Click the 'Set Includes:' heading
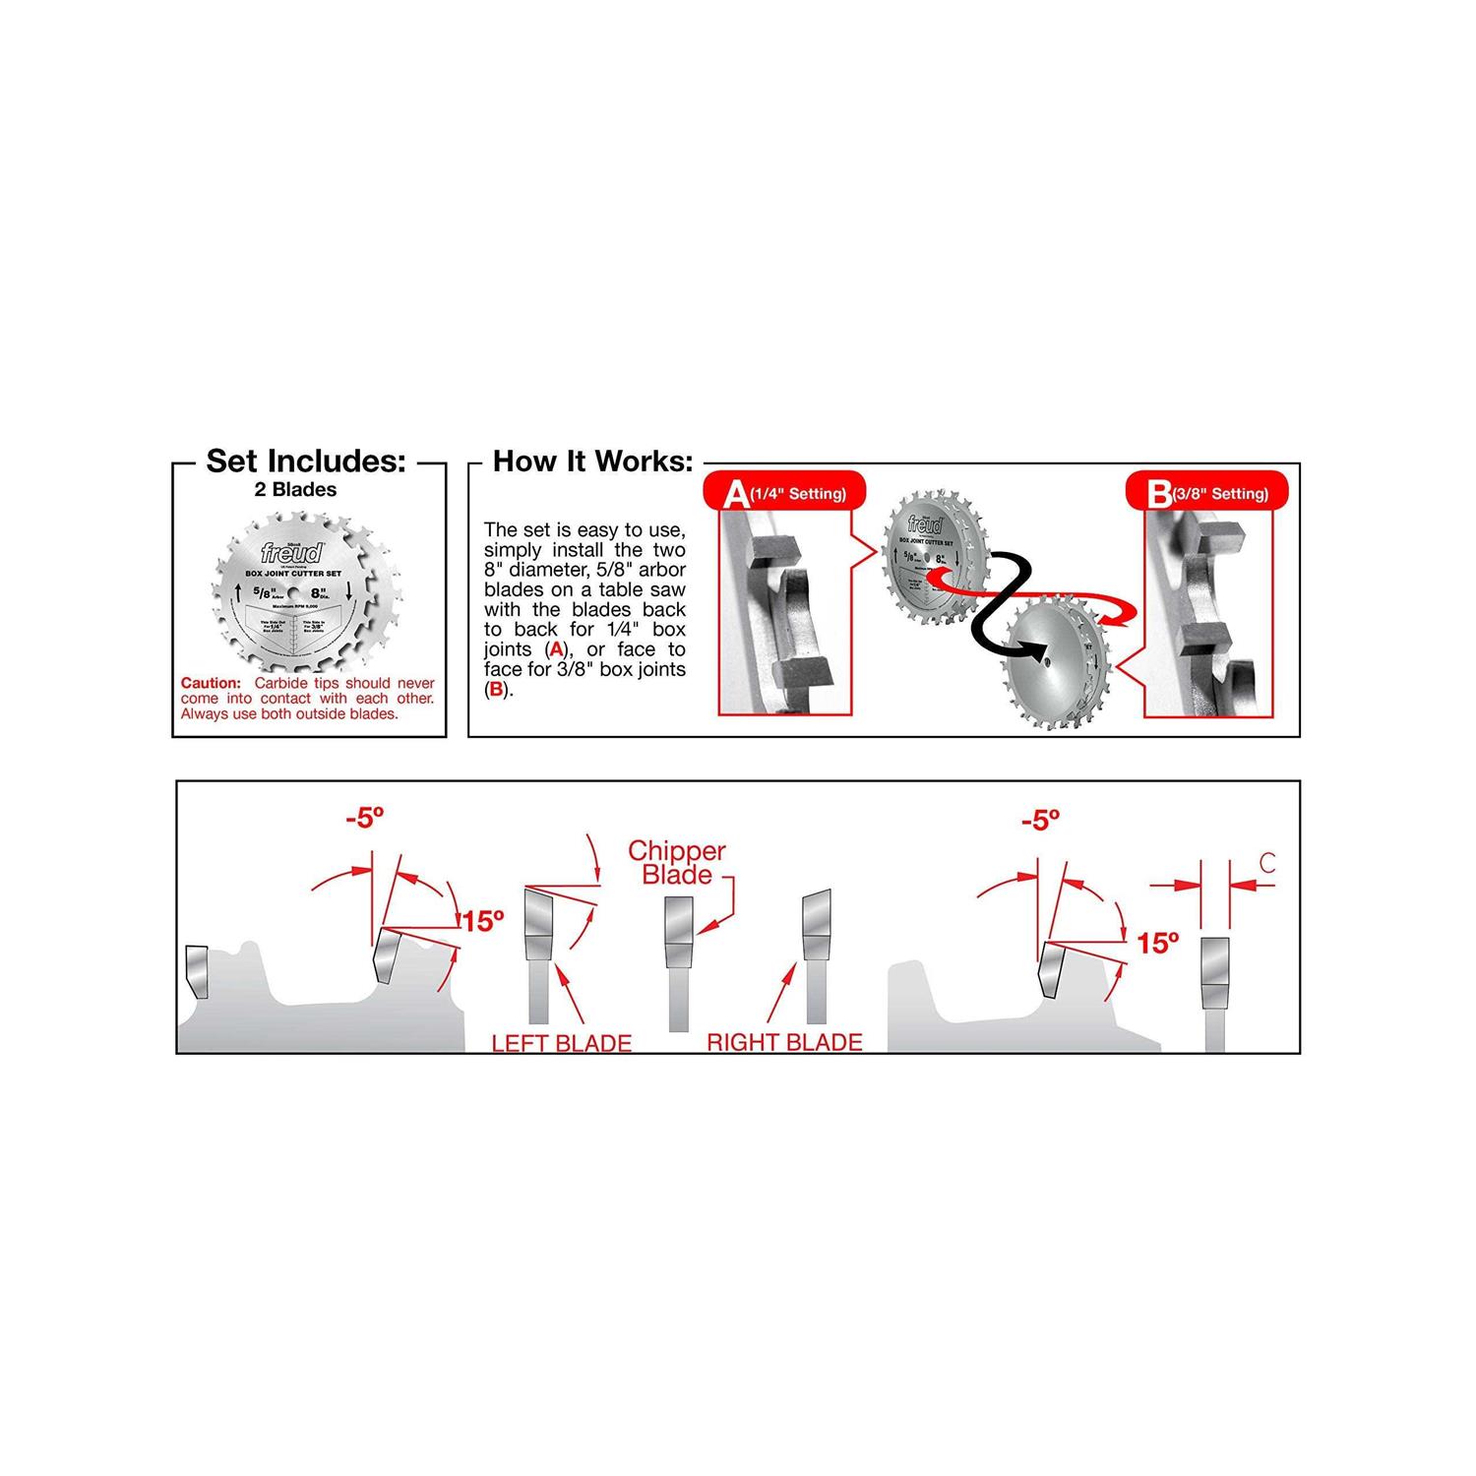306,461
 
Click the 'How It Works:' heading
592,461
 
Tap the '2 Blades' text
295,490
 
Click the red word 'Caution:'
211,683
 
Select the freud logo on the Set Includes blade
291,552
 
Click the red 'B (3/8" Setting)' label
1206,493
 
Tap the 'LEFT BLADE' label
561,1043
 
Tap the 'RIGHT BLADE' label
784,1042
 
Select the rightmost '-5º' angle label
1040,820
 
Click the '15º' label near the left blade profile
482,921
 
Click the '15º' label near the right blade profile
1157,943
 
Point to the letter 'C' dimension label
1266,864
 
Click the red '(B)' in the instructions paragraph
496,690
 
